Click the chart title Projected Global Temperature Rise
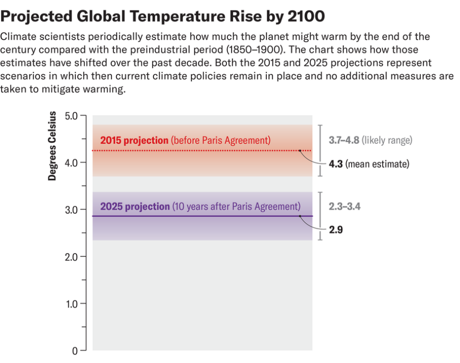click(x=163, y=16)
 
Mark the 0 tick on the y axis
click(x=76, y=351)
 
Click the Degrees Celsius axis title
click(x=52, y=147)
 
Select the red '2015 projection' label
click(x=134, y=140)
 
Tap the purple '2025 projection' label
click(x=135, y=206)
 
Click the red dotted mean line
click(x=202, y=150)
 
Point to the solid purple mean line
click(x=202, y=216)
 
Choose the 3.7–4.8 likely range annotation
click(x=370, y=140)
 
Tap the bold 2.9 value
click(x=336, y=230)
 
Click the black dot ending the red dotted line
click(x=300, y=150)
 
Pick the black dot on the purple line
click(x=300, y=216)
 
